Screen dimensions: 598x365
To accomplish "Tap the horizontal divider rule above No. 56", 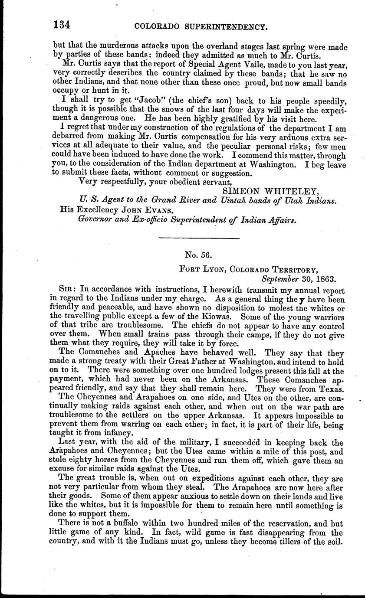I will tap(200, 238).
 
